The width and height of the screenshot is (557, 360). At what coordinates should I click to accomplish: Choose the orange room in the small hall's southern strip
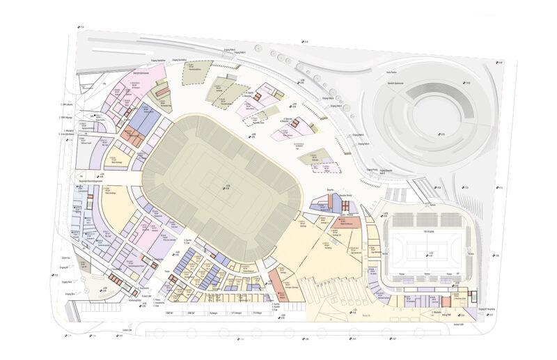click(446, 300)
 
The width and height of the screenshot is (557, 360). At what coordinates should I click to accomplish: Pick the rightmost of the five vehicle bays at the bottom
click(257, 313)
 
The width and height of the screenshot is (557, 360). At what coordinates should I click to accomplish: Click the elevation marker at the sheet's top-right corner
click(500, 63)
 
